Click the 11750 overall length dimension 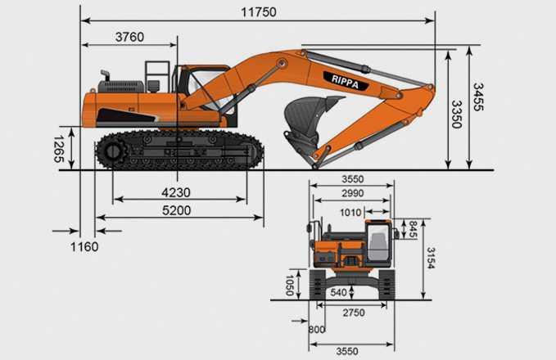click(x=259, y=12)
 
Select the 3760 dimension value click(x=129, y=37)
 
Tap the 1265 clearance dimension click(x=59, y=148)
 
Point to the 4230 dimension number click(x=176, y=193)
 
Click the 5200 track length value click(x=177, y=210)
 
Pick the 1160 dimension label click(x=84, y=246)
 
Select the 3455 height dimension click(x=478, y=97)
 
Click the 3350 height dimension click(x=456, y=115)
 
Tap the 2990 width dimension click(x=353, y=193)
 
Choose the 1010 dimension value click(x=350, y=213)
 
